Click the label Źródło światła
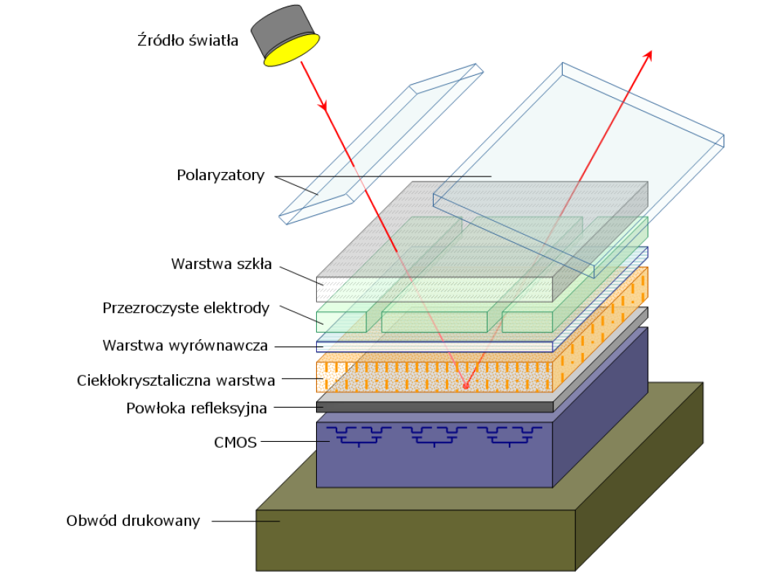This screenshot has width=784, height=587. point(188,41)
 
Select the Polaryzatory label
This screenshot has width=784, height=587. point(220,176)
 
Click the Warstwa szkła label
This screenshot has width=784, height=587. point(221,264)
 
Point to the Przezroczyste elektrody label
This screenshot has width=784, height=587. point(186,308)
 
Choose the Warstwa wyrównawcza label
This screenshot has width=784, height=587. point(185,345)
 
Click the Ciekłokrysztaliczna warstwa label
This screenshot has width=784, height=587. point(176,380)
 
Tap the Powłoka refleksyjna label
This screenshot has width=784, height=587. point(196,408)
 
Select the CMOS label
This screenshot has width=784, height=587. point(235,441)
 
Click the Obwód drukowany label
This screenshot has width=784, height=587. point(133,521)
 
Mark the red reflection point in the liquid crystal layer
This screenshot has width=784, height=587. point(465,386)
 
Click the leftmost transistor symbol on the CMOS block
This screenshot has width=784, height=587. point(358,436)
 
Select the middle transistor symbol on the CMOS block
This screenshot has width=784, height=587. point(434,436)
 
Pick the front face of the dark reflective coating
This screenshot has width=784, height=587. point(434,407)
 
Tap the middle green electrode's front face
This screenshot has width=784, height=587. point(434,322)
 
